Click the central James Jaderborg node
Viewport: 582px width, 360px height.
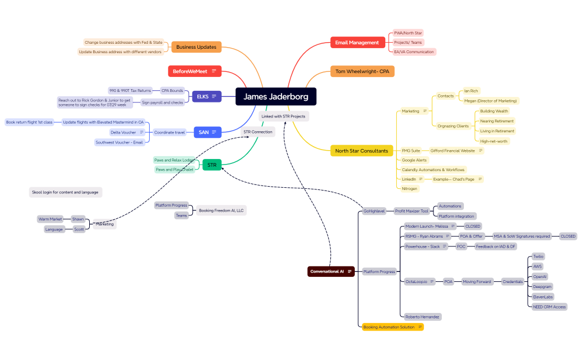point(275,97)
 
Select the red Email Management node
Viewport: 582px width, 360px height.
point(357,43)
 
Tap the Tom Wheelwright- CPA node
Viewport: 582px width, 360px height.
point(362,71)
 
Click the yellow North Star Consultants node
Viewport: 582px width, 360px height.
point(361,151)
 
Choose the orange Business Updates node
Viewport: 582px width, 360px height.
point(196,47)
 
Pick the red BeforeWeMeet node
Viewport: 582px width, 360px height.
point(194,71)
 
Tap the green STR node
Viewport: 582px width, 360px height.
point(212,165)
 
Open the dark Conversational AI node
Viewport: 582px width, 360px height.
point(330,271)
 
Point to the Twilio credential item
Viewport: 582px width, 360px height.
point(538,256)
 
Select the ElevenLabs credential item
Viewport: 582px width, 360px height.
point(542,297)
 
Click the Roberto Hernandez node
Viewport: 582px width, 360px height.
point(422,317)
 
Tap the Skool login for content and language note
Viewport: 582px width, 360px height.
point(65,192)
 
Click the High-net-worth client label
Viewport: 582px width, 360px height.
point(493,141)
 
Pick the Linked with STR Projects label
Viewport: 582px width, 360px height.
point(283,116)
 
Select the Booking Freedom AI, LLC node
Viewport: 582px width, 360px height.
point(221,210)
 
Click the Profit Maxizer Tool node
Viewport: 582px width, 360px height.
point(412,211)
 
